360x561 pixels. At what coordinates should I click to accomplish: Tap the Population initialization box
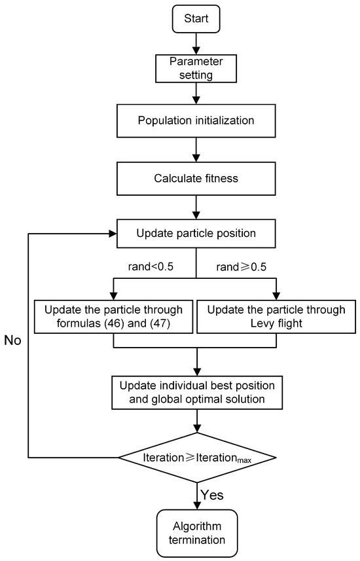(x=196, y=121)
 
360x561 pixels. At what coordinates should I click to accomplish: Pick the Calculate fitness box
(x=196, y=177)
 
